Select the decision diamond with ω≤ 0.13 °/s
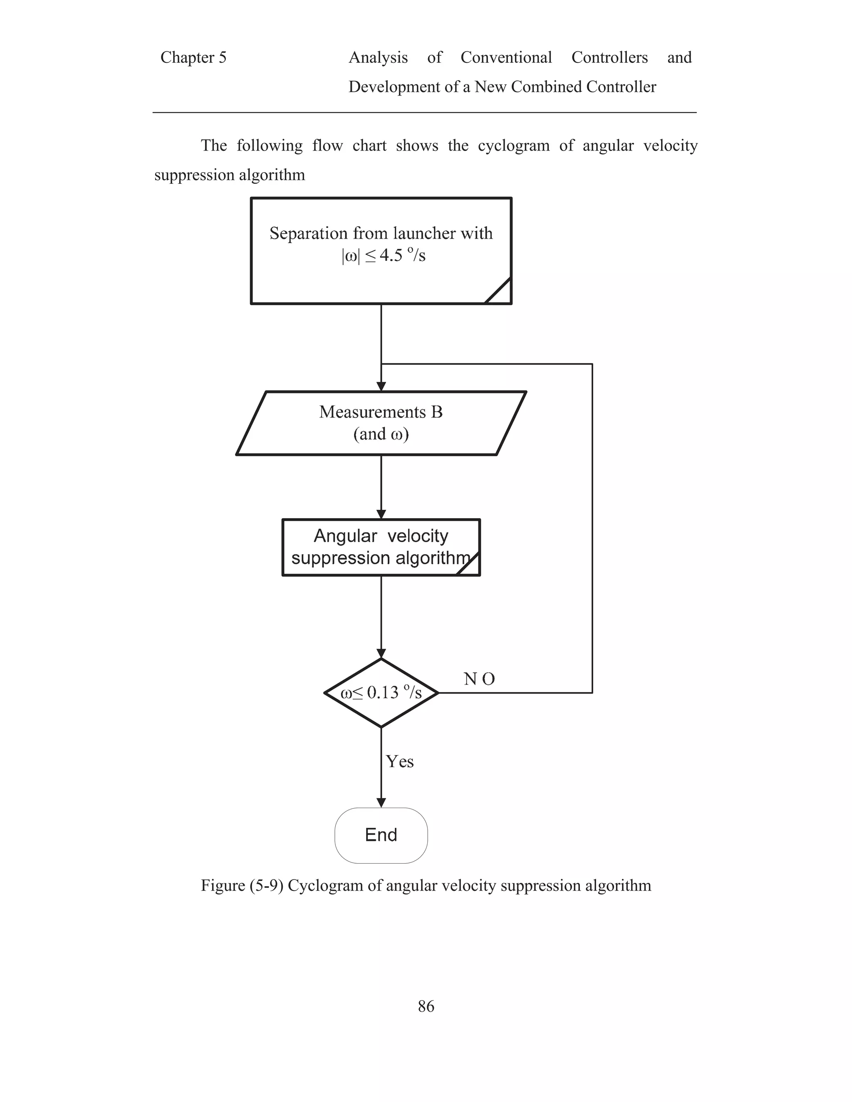coord(381,693)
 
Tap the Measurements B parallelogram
coord(381,423)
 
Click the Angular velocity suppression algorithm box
coord(381,547)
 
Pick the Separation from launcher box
coord(381,251)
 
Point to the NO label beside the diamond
coord(479,679)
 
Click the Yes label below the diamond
coord(400,761)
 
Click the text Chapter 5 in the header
coord(193,57)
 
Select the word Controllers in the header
coord(609,57)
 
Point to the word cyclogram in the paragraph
coord(513,146)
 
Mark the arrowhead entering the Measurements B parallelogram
coord(381,386)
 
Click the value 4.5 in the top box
coord(391,255)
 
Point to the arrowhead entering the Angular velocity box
coord(381,515)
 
